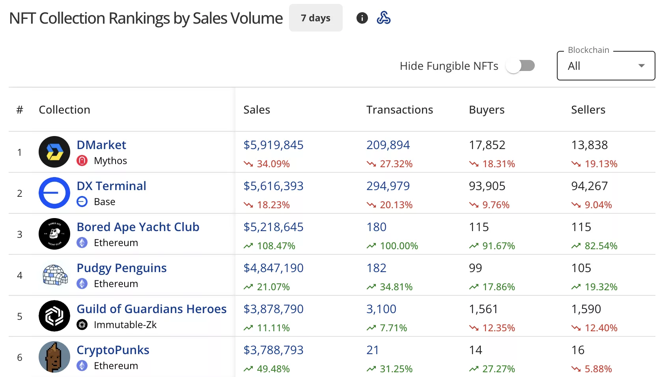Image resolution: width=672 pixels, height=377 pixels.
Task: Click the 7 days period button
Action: pos(315,18)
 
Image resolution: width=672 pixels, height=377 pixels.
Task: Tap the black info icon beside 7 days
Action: pos(362,18)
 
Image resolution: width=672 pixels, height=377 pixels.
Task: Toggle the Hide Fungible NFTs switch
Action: pos(520,66)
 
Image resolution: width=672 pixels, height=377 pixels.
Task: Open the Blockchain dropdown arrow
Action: pos(641,66)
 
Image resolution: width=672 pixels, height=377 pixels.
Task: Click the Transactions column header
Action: pos(399,110)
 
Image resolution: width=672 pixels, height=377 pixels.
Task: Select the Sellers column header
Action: pos(588,110)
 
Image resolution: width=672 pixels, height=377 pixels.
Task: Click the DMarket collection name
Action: pos(101,145)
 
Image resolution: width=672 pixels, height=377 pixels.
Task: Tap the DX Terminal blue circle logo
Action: pos(54,193)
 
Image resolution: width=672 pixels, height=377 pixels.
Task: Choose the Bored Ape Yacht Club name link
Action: pos(138,227)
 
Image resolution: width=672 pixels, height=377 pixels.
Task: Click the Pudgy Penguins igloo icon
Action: pos(54,275)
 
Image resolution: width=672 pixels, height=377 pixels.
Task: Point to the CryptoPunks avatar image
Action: pos(54,357)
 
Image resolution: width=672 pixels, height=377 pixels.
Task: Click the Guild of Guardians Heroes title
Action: pos(151,309)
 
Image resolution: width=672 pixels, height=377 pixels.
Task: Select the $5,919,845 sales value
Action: pos(273,145)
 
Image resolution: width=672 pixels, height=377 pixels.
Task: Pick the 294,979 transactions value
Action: pos(388,186)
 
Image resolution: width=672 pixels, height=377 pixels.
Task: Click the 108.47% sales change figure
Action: pos(276,246)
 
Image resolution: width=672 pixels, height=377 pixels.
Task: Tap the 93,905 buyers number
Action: pos(487,186)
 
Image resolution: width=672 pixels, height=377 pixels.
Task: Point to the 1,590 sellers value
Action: pos(586,309)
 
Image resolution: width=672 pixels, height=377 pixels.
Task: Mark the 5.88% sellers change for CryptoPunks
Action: pos(598,369)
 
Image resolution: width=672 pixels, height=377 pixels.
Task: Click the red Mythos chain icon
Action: pos(82,161)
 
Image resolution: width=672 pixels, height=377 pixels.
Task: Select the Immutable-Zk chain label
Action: pos(125,325)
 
